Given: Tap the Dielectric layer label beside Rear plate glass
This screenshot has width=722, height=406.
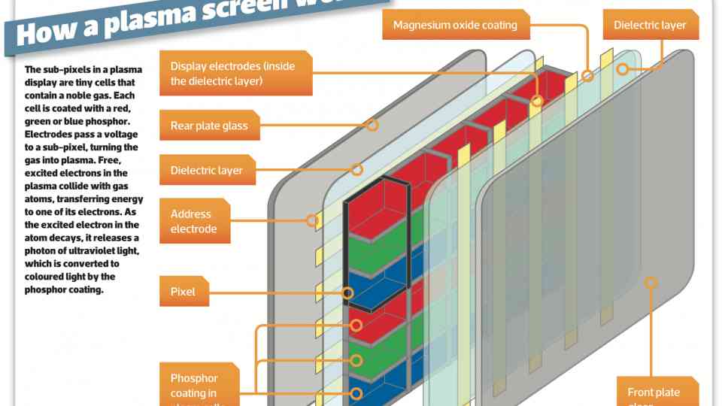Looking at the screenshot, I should click(x=207, y=170).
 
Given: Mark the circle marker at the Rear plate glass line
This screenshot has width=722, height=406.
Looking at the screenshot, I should click(x=372, y=125).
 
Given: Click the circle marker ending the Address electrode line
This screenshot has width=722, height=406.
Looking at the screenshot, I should click(x=311, y=220).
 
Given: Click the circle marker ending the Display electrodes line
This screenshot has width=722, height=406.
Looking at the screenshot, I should click(x=537, y=100).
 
